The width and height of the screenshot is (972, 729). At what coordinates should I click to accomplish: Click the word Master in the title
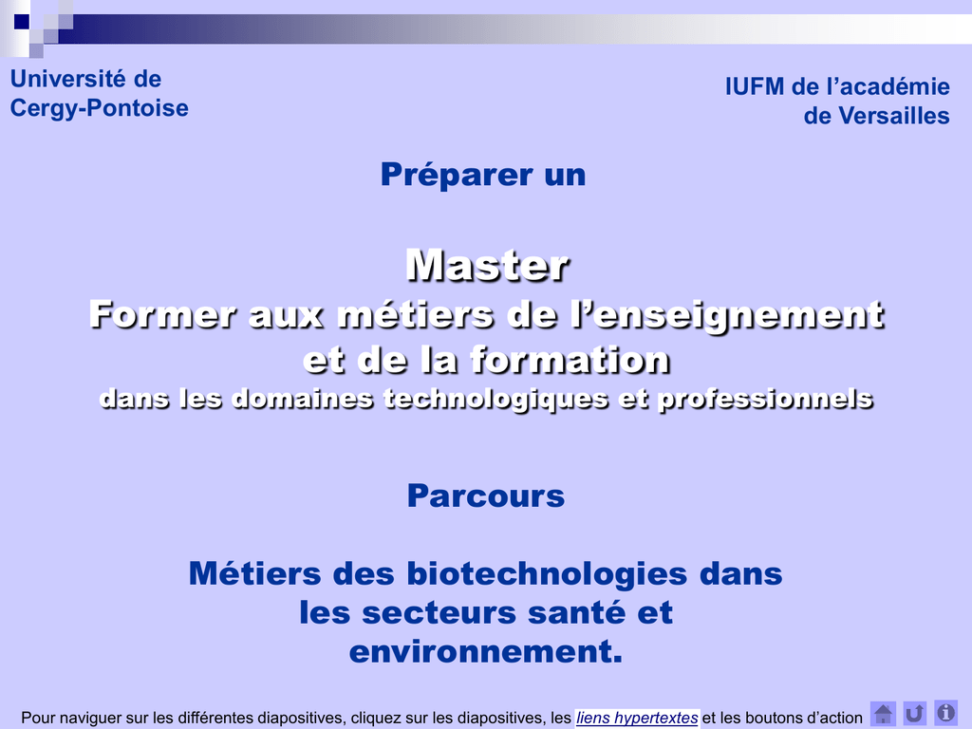[487, 266]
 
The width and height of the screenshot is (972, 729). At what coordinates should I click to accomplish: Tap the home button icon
[883, 714]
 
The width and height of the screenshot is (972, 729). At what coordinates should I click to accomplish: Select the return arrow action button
[914, 714]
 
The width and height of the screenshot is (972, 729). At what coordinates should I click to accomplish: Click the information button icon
[946, 714]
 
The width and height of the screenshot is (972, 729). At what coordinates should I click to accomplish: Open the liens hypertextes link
[637, 718]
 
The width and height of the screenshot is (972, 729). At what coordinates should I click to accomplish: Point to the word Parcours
[486, 495]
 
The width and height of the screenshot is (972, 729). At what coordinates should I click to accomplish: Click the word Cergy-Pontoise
[99, 108]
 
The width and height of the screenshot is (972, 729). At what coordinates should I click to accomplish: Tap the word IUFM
[755, 86]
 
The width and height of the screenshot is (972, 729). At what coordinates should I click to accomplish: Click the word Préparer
[457, 175]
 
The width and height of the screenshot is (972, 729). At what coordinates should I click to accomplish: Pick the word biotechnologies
[548, 573]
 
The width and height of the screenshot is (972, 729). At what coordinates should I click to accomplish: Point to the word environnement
[486, 651]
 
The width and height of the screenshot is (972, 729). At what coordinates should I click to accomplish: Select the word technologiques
[495, 399]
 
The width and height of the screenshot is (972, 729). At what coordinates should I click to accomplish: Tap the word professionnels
[766, 399]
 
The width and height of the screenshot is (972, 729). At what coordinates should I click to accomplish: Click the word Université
[68, 79]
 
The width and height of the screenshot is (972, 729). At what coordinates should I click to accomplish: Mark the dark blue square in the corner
[22, 22]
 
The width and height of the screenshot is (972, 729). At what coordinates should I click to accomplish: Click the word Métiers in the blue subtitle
[254, 573]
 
